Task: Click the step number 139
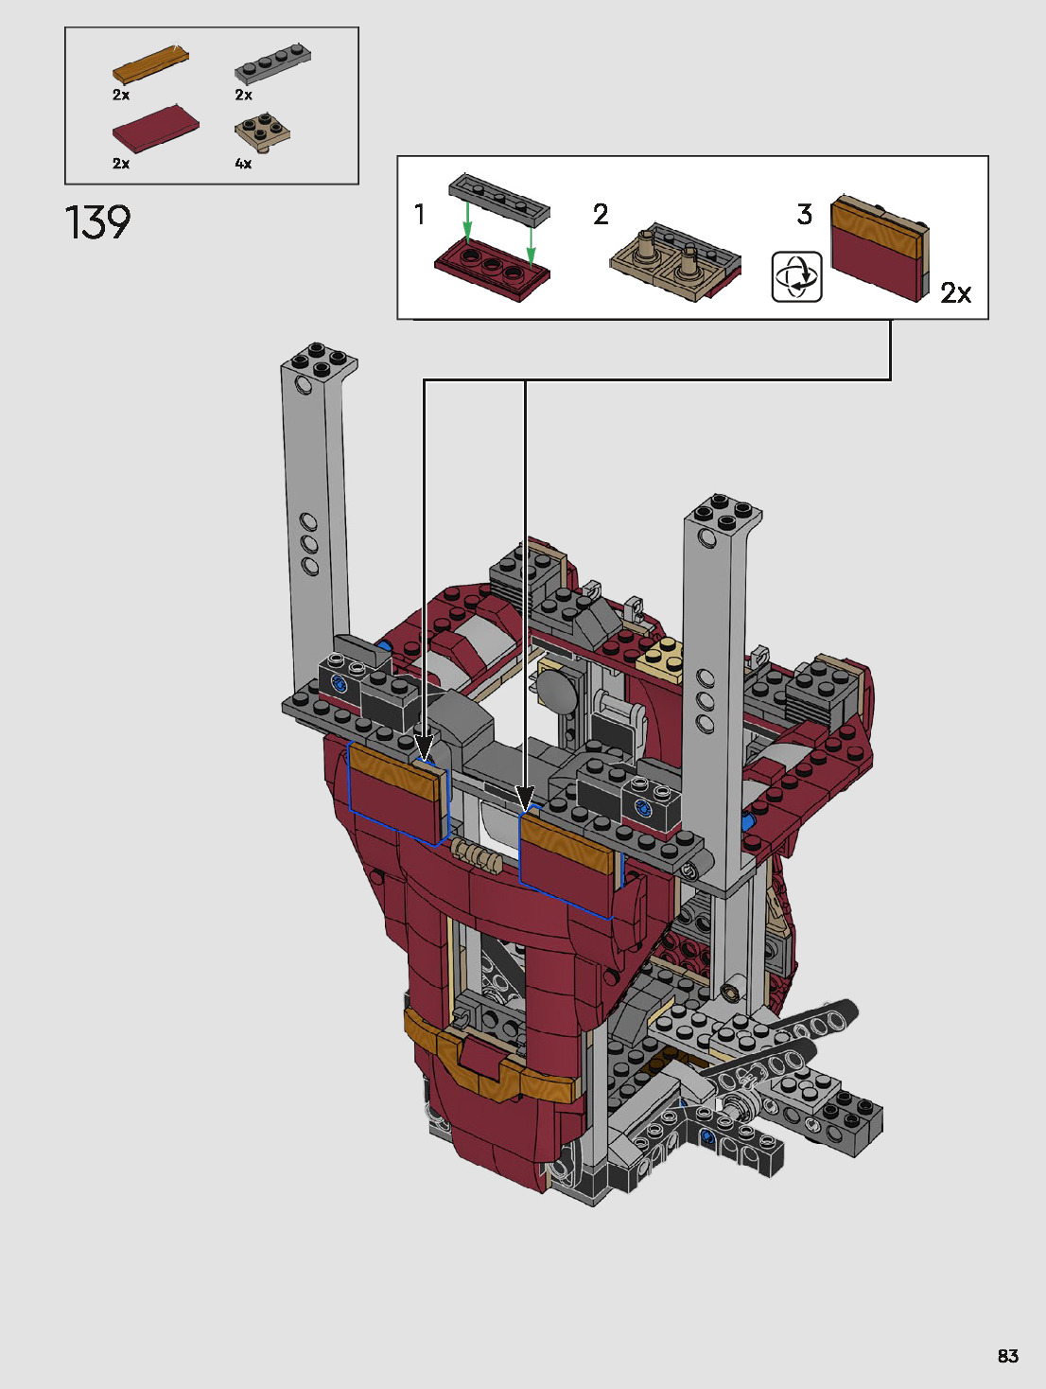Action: pyautogui.click(x=98, y=222)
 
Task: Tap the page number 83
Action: pyautogui.click(x=1008, y=1356)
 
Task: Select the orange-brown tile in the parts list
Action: pyautogui.click(x=150, y=64)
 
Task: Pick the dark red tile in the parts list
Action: pyautogui.click(x=155, y=129)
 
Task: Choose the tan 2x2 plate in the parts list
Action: pyautogui.click(x=263, y=132)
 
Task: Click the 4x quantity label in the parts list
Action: pyautogui.click(x=243, y=164)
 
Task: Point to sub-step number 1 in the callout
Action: pyautogui.click(x=419, y=214)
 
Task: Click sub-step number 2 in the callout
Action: pyautogui.click(x=601, y=215)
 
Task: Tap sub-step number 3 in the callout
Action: pyautogui.click(x=804, y=215)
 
